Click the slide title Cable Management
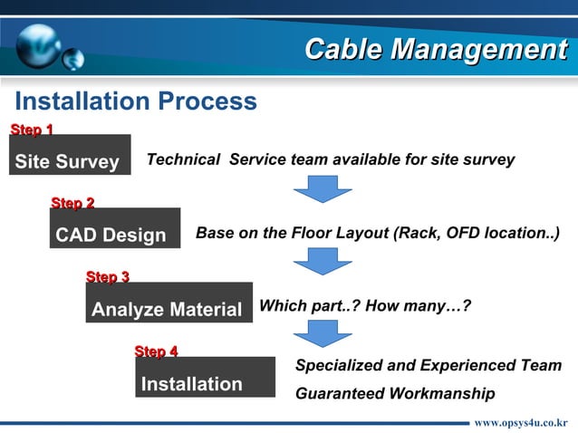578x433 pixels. [435, 49]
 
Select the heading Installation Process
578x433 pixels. [136, 101]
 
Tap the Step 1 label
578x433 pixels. [31, 130]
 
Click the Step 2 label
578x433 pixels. [72, 202]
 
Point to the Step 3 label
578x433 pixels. [107, 275]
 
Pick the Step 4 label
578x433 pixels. [156, 351]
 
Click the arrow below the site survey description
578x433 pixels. [323, 188]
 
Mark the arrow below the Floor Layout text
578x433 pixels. [323, 262]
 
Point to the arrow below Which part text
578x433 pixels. [323, 332]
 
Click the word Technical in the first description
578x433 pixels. [183, 159]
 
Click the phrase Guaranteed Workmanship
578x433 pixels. [395, 394]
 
